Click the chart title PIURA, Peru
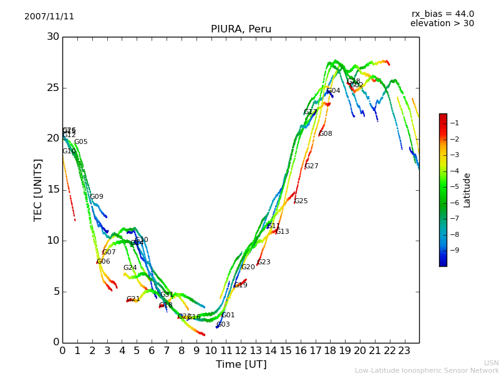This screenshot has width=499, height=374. click(241, 29)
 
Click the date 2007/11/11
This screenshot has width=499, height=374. click(49, 17)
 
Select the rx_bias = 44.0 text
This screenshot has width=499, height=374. click(442, 14)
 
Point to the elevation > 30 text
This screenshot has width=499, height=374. click(442, 24)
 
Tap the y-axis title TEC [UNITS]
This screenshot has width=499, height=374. click(38, 189)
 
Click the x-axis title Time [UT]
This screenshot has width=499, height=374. click(241, 365)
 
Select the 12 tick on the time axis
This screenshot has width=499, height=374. click(241, 351)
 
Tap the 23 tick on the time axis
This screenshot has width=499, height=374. click(404, 351)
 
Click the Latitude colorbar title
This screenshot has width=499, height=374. click(467, 190)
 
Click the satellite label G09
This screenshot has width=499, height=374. click(97, 197)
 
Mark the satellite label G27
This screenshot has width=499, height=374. click(311, 166)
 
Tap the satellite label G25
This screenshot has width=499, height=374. click(301, 201)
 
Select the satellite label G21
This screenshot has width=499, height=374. click(133, 299)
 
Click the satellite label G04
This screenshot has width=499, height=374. click(334, 91)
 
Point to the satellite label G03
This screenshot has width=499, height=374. click(223, 325)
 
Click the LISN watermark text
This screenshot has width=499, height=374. click(492, 363)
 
